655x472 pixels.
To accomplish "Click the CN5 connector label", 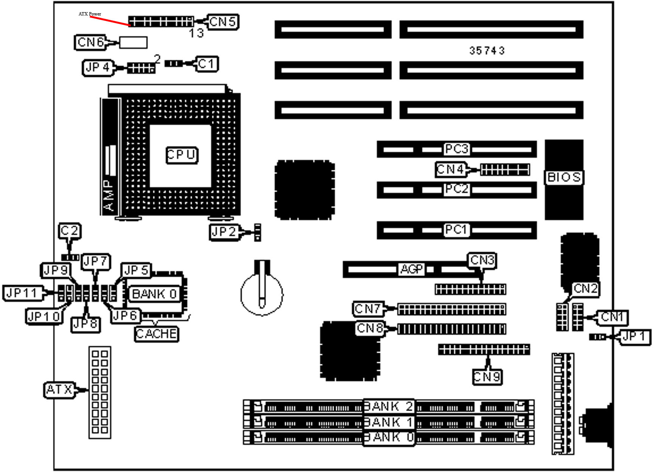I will [222, 22].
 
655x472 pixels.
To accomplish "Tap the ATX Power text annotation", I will [90, 14].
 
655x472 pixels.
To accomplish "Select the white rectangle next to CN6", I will [133, 42].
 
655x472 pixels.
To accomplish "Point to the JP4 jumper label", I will [98, 68].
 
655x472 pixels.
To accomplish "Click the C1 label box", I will [207, 64].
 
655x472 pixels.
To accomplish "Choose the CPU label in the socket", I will [182, 155].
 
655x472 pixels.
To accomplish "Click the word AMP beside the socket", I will [109, 195].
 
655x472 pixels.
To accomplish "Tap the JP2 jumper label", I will [224, 231].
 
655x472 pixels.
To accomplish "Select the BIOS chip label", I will [564, 177].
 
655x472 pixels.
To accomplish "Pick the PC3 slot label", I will [456, 149].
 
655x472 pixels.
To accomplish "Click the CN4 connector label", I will [450, 169].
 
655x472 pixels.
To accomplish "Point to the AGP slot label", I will [411, 269].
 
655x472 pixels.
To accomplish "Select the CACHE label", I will [156, 334].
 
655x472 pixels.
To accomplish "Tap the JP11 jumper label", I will [22, 293].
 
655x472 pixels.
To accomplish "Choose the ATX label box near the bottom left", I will [59, 390].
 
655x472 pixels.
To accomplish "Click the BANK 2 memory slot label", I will [388, 406].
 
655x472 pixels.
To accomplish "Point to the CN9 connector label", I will [487, 376].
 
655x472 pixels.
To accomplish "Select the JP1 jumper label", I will [635, 336].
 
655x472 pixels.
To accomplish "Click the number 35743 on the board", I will [487, 51].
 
